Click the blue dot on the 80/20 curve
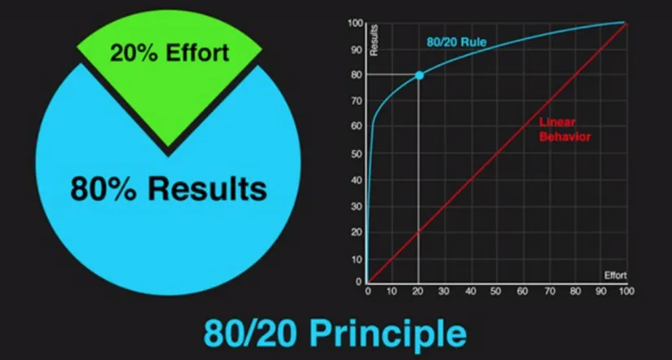tap(419, 76)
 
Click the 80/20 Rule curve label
tap(456, 42)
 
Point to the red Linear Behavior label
tap(564, 130)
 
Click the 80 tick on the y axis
tap(358, 75)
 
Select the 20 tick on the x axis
tap(418, 292)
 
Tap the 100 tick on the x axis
tap(626, 292)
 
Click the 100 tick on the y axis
tap(355, 23)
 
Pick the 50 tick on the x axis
tap(496, 292)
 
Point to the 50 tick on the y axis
tap(358, 153)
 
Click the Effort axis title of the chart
tap(616, 275)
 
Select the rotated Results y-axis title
tap(374, 40)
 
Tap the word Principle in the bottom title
tap(388, 334)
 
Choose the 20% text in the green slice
tap(134, 53)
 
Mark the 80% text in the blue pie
tap(104, 189)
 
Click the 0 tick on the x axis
tap(367, 292)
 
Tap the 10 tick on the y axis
tap(358, 259)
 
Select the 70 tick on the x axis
tap(550, 292)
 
